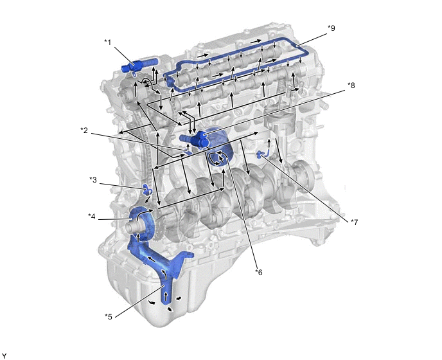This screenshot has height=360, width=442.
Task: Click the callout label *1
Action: [108, 42]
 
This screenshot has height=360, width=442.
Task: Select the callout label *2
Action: [84, 130]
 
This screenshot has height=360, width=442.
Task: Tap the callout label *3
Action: [93, 180]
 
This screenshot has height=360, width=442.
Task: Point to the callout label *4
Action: [92, 217]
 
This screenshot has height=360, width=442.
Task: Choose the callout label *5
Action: [109, 316]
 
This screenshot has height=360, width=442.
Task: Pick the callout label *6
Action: [259, 273]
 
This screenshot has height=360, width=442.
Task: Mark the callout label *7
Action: [355, 222]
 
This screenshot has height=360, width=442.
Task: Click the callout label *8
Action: [351, 85]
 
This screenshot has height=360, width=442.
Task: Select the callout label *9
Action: [331, 28]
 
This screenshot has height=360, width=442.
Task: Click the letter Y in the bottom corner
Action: [4, 356]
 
